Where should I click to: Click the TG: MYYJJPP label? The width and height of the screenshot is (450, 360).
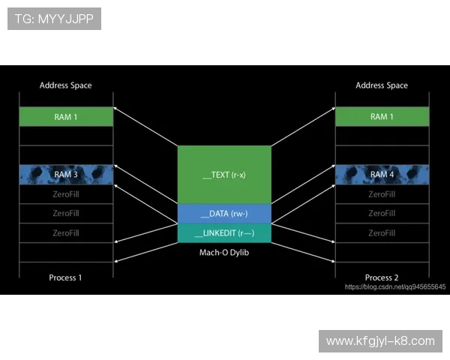[x=54, y=19]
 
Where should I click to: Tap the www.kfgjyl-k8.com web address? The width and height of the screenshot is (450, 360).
[x=380, y=341]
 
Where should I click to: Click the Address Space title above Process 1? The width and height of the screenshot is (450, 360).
[x=66, y=85]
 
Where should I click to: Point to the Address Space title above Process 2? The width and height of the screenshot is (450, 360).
[x=382, y=85]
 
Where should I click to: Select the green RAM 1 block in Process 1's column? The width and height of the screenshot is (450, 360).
[x=66, y=116]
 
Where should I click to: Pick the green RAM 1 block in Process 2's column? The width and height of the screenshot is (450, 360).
[x=382, y=116]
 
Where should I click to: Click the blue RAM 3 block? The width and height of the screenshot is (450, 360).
[x=66, y=175]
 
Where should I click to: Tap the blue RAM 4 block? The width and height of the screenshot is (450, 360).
[x=382, y=175]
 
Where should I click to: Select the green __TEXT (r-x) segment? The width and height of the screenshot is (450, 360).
[x=224, y=175]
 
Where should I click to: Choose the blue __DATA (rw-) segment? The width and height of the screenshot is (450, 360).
[x=224, y=214]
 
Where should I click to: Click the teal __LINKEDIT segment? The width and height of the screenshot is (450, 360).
[x=224, y=233]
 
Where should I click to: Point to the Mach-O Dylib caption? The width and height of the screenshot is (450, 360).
[x=224, y=251]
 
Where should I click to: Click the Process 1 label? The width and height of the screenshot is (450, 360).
[x=66, y=277]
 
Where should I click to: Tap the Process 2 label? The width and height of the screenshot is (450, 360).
[x=382, y=277]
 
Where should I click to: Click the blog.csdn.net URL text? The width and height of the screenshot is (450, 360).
[x=395, y=287]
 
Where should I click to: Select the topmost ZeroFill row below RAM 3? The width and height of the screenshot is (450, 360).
[x=66, y=194]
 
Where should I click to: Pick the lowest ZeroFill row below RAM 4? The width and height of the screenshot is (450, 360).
[x=382, y=233]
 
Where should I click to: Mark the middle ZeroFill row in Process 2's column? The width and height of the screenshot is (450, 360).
[x=382, y=214]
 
